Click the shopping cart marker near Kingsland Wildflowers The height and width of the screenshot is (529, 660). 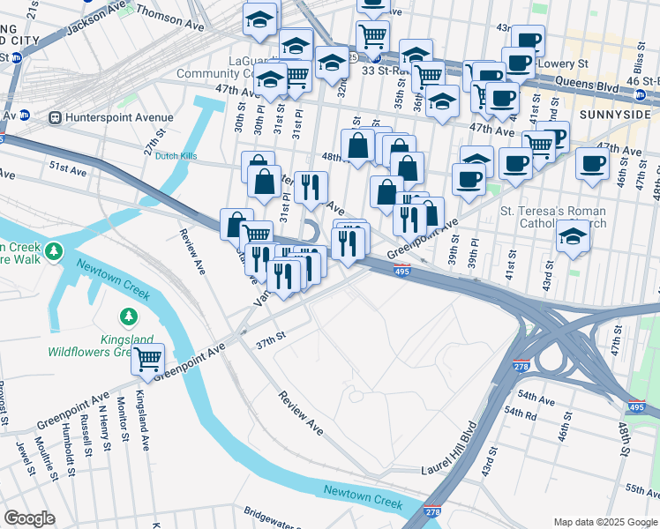point(147,358)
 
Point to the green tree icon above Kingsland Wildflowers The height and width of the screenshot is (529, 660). point(129,316)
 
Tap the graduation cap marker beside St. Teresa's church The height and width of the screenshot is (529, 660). point(574,236)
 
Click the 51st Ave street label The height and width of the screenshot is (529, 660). point(66,166)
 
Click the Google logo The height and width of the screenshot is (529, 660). point(29,518)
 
